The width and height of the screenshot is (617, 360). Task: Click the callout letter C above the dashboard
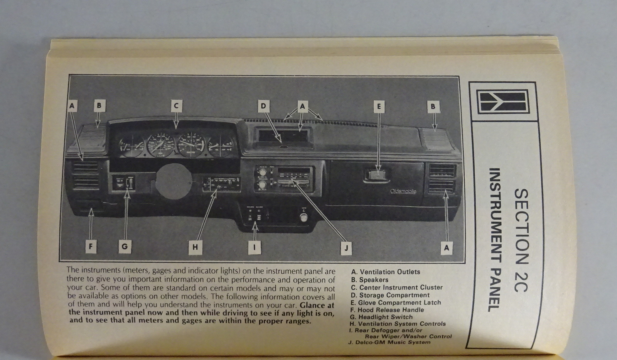[176, 105]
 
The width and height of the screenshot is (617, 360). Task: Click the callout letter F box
[90, 246]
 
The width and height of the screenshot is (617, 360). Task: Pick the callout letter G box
[124, 246]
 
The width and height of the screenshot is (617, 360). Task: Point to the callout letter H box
[195, 247]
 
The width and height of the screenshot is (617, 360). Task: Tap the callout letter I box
[254, 247]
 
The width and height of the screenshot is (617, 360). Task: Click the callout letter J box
[346, 248]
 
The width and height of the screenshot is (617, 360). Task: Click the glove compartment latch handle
[376, 176]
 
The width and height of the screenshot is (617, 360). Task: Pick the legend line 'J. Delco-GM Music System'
[389, 342]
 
